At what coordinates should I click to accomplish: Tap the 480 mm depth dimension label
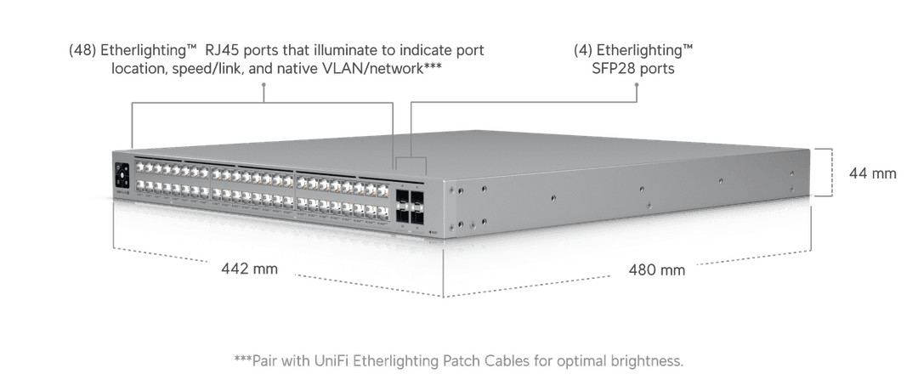tap(656, 270)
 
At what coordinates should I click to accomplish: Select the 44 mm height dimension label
tap(872, 173)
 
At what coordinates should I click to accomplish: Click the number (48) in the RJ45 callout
tap(82, 51)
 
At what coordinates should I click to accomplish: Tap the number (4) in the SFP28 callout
tap(585, 51)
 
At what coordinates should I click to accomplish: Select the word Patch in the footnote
tap(455, 361)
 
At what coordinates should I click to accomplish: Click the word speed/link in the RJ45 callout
tap(207, 70)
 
